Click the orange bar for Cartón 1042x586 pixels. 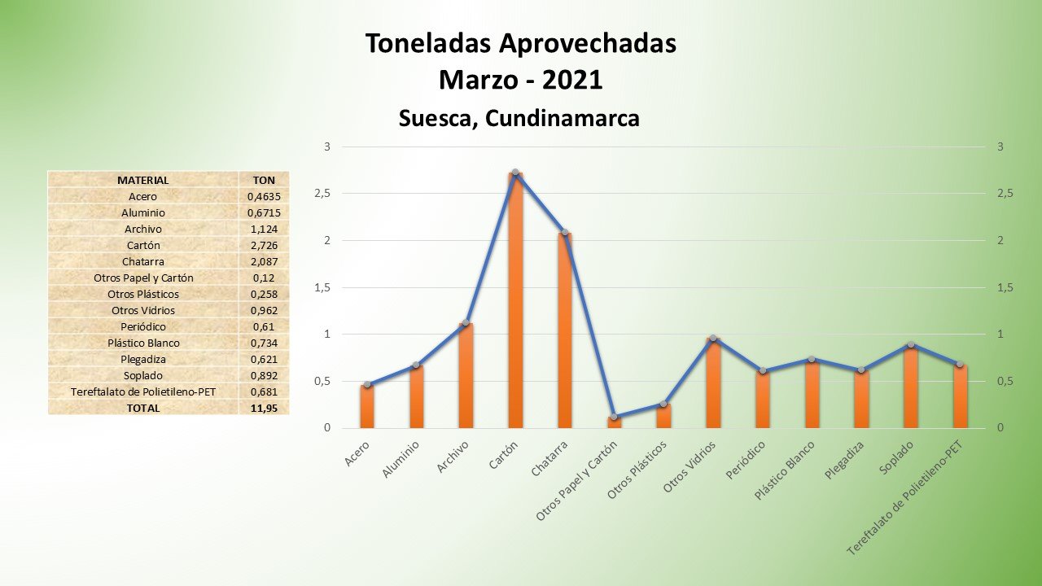(x=515, y=301)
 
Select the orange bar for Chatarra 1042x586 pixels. (x=564, y=330)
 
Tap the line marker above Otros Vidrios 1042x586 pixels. (x=713, y=339)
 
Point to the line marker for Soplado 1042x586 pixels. (x=911, y=345)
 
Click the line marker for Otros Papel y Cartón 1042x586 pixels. (x=614, y=418)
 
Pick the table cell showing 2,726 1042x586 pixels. (x=265, y=245)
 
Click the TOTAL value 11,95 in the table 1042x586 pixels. (x=265, y=408)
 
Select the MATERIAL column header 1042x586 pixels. (x=143, y=180)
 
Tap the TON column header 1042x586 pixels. (x=265, y=180)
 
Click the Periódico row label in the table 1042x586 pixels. (x=143, y=326)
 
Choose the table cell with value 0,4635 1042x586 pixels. (x=265, y=196)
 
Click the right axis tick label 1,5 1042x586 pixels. (x=1005, y=287)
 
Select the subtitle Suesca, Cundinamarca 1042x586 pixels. (x=519, y=118)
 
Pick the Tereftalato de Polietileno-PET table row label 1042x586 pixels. (x=143, y=391)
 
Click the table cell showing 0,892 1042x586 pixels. (x=265, y=375)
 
